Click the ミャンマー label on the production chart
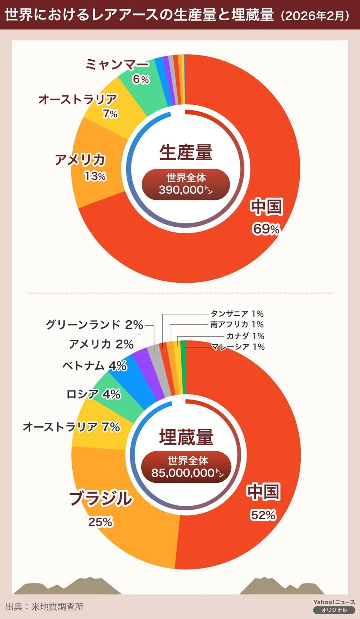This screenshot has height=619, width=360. pos(117,64)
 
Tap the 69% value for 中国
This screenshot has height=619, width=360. pos(266,229)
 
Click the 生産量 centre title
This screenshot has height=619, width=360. pos(186,152)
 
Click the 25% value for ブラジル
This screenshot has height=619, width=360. pos(100,522)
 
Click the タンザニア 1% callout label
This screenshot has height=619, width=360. pos(237,314)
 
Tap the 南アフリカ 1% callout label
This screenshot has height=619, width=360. pos(237,324)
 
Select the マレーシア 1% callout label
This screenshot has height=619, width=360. pos(238,347)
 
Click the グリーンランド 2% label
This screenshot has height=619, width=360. pos(94,325)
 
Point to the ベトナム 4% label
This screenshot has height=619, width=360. pos(94,366)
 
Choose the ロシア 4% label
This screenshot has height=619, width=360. pos(94,394)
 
